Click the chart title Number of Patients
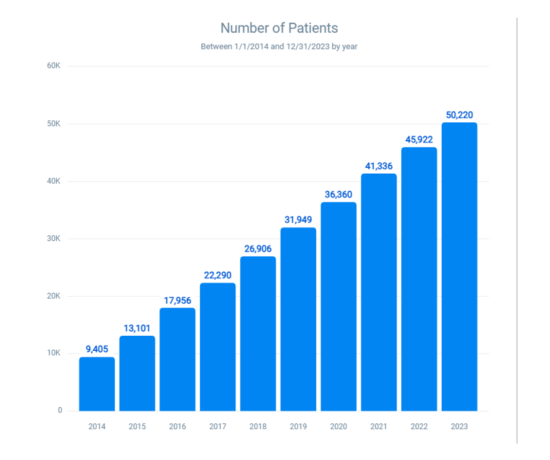tap(279, 28)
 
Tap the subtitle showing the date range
tap(279, 46)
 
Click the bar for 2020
tap(338, 306)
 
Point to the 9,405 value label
tap(97, 349)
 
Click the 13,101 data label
tap(137, 328)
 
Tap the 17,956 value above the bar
tap(177, 300)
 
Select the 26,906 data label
tap(258, 248)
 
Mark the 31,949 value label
tap(298, 220)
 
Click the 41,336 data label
tap(379, 166)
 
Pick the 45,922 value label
tap(419, 140)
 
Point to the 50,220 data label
tap(459, 115)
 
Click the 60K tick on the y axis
tap(54, 66)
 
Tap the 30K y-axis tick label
tap(54, 238)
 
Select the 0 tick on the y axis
tap(59, 410)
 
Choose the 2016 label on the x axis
tap(177, 427)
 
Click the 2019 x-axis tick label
tap(298, 427)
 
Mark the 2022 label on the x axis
tap(419, 427)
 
